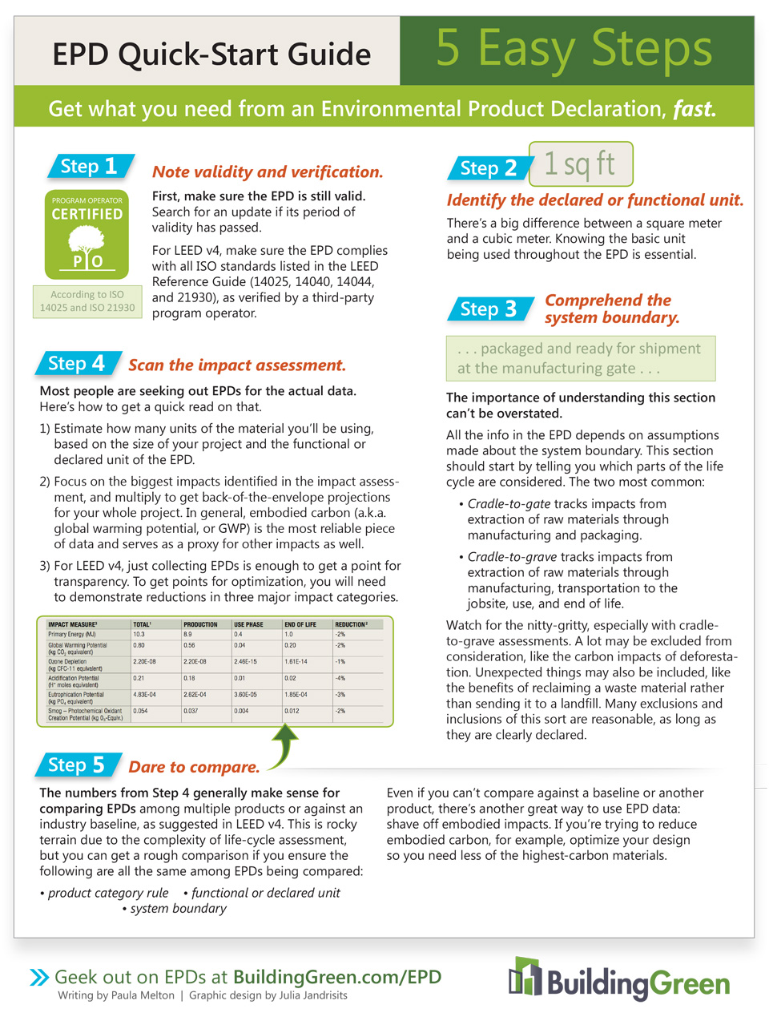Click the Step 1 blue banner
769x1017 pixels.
pyautogui.click(x=89, y=167)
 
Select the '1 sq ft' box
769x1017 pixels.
pyautogui.click(x=580, y=164)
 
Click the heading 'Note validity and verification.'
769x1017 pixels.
pyautogui.click(x=268, y=172)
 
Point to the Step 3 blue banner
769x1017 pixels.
pyautogui.click(x=489, y=309)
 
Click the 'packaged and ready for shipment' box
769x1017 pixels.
pyautogui.click(x=580, y=358)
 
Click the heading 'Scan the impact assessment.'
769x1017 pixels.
pyautogui.click(x=237, y=365)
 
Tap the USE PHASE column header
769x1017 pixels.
pyautogui.click(x=248, y=624)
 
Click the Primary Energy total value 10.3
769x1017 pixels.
pyautogui.click(x=139, y=634)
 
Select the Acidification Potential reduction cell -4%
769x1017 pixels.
pyautogui.click(x=340, y=678)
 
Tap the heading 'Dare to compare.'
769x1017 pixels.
pyautogui.click(x=194, y=767)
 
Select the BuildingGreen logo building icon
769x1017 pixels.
pyautogui.click(x=525, y=977)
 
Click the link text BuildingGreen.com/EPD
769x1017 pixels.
pyautogui.click(x=337, y=977)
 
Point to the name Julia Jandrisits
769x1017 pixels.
pyautogui.click(x=312, y=995)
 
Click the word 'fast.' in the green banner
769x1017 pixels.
pyautogui.click(x=694, y=109)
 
